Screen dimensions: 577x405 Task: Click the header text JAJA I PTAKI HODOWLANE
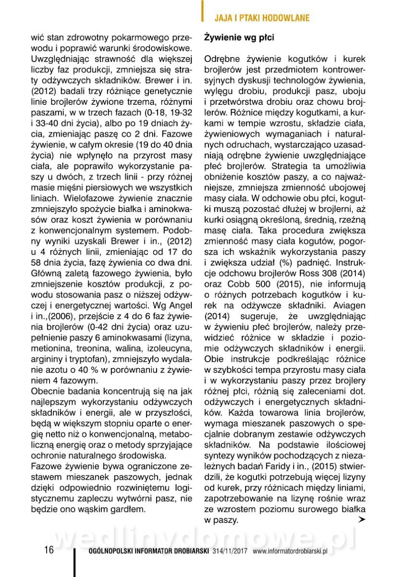pos(261,18)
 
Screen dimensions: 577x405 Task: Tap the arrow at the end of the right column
pos(361,520)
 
